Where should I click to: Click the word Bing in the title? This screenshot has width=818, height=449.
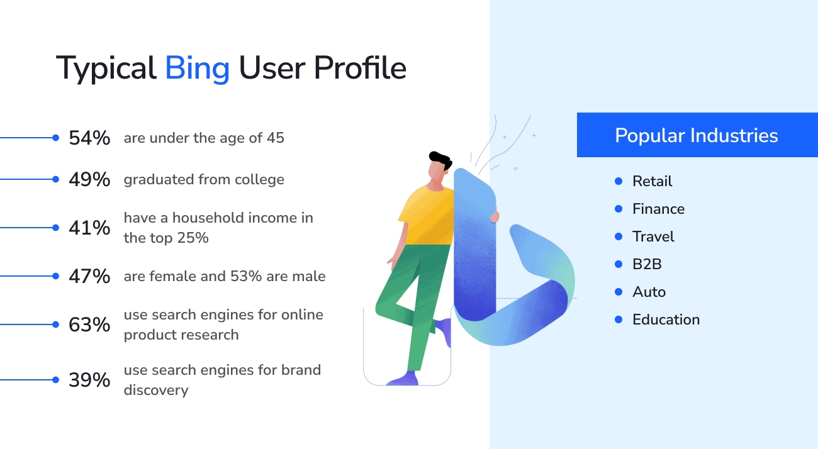(197, 68)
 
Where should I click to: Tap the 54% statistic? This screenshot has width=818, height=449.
(89, 138)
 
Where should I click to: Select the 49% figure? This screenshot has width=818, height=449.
(89, 180)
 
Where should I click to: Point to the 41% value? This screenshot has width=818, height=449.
(89, 228)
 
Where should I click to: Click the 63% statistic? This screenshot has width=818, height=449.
(89, 324)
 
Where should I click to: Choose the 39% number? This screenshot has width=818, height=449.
(89, 380)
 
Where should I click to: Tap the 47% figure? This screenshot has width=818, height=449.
(89, 276)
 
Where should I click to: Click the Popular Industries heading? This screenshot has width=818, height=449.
(696, 135)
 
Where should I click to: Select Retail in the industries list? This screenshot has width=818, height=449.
(652, 181)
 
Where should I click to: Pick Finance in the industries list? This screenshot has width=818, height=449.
(658, 209)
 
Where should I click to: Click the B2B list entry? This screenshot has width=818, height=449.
(647, 264)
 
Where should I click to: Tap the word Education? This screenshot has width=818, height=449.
(666, 319)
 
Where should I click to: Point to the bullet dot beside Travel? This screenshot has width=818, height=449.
(619, 236)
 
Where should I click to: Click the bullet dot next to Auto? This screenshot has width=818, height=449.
(619, 292)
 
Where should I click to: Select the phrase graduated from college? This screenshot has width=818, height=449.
(204, 180)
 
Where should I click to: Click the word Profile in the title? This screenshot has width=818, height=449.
(360, 68)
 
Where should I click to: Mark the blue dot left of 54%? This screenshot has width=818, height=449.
(55, 138)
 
